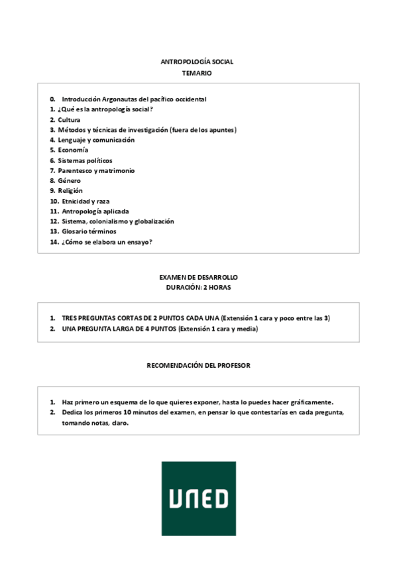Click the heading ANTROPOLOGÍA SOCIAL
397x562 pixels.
[197, 62]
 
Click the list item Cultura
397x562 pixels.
[69, 119]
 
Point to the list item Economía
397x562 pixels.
[73, 150]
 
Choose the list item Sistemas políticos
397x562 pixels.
[85, 160]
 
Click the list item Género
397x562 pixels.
[69, 180]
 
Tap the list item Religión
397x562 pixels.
[70, 191]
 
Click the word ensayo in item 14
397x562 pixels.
[137, 242]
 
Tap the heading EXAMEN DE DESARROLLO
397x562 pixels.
[198, 276]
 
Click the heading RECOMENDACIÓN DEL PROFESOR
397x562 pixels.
[198, 365]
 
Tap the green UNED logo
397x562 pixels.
[198, 498]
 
